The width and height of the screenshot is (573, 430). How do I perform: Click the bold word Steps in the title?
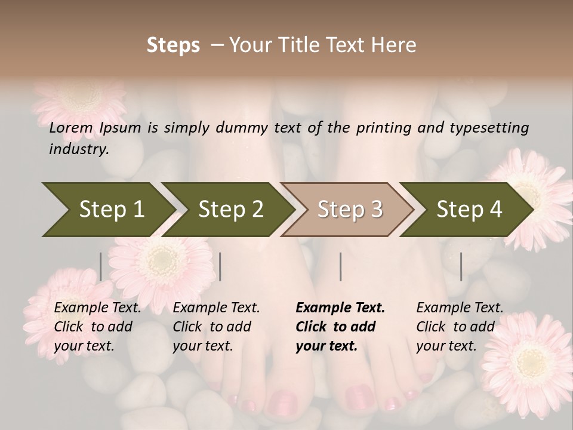coord(173,45)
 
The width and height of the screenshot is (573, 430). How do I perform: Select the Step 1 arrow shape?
coord(107,210)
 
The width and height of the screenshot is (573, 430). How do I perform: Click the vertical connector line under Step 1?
coord(101,266)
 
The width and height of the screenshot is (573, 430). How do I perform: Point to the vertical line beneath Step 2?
coord(220,266)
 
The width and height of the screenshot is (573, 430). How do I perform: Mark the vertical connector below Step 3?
coord(340,266)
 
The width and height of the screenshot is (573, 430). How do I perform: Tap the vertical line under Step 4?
coord(461,266)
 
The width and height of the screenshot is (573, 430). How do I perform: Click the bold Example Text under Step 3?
coord(340,327)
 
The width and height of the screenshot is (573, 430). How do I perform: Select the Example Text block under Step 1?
coord(97,327)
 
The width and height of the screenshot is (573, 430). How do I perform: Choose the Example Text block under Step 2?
coord(216,327)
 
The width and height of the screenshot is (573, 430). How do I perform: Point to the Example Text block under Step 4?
coord(460,327)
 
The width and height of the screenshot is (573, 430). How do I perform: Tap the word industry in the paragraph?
coord(78,149)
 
